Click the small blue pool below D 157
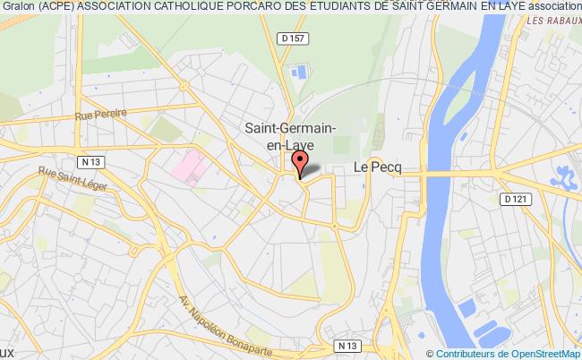(x=298, y=70)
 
